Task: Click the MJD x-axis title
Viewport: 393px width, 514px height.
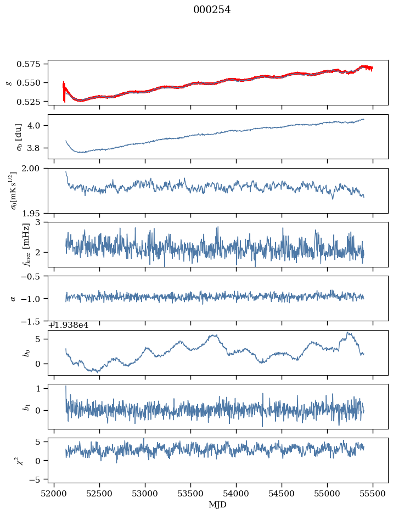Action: pyautogui.click(x=218, y=505)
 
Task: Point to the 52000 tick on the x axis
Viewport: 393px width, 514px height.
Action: pyautogui.click(x=54, y=494)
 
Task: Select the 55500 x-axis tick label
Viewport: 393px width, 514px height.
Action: pyautogui.click(x=373, y=494)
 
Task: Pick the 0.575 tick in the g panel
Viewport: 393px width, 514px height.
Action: pyautogui.click(x=33, y=64)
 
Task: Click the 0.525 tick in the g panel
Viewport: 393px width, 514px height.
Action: pyautogui.click(x=33, y=102)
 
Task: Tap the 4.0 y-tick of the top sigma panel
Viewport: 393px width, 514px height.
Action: pyautogui.click(x=37, y=125)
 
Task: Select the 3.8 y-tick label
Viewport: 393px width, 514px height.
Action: pyautogui.click(x=37, y=148)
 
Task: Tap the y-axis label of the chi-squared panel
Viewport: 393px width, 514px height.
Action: pyautogui.click(x=23, y=460)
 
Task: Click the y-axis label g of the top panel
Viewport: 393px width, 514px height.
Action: pyautogui.click(x=8, y=82)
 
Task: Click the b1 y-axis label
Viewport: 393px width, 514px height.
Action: pyautogui.click(x=25, y=406)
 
